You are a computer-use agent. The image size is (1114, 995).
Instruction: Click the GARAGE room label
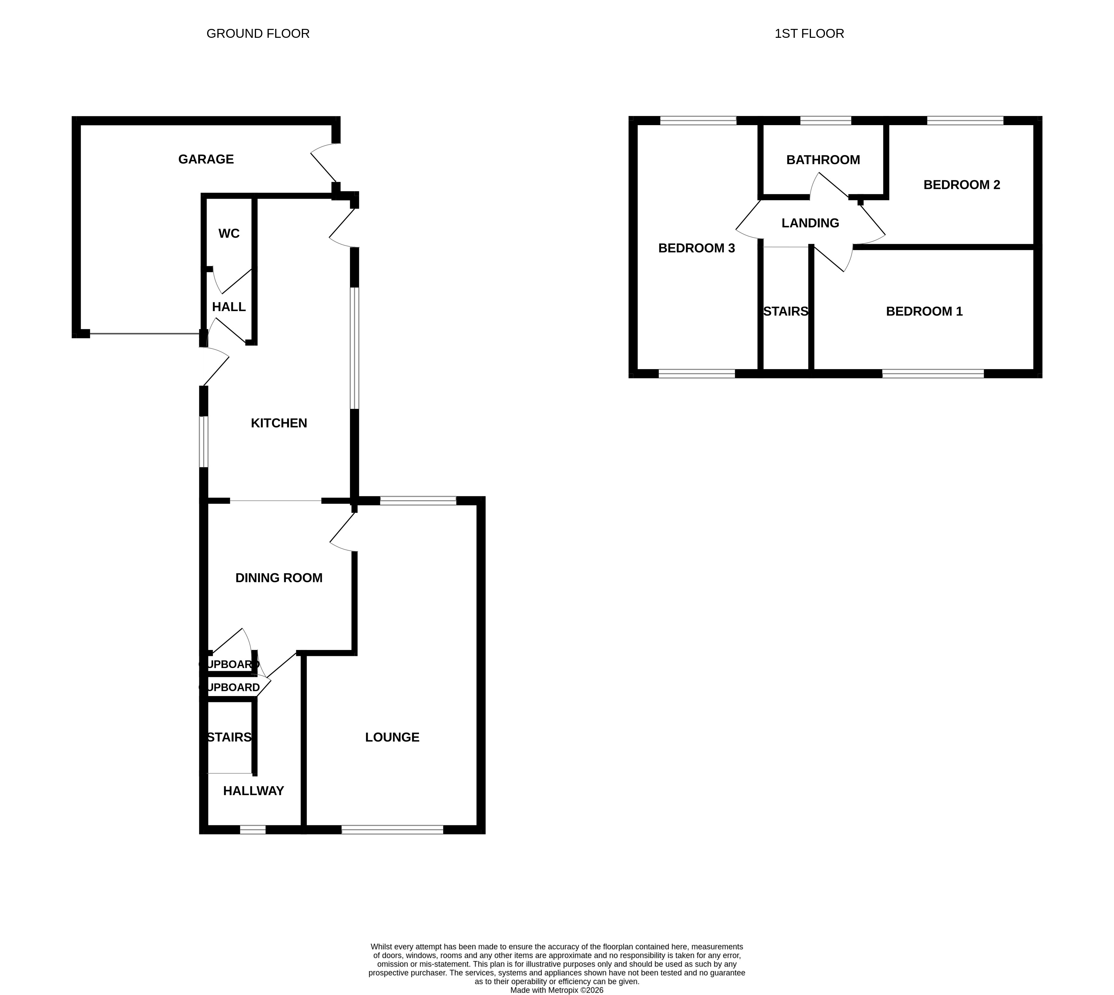click(206, 159)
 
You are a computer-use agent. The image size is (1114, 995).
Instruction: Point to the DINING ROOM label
click(279, 578)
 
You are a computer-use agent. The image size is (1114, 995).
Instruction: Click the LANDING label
click(810, 223)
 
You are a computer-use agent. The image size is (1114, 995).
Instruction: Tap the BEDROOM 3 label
click(696, 248)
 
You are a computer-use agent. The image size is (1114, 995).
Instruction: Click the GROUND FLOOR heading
click(258, 34)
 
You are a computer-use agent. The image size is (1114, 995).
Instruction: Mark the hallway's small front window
click(253, 829)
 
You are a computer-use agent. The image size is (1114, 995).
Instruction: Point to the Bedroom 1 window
click(933, 374)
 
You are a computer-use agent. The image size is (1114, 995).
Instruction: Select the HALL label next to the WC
click(229, 307)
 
